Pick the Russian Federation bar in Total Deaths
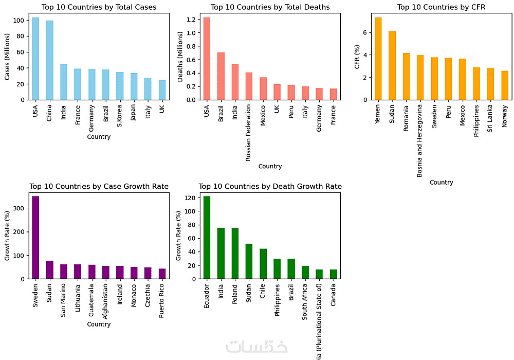pos(249,86)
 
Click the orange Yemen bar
pos(378,59)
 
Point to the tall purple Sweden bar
pos(35,237)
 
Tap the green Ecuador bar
pos(207,237)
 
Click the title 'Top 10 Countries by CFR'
pos(441,7)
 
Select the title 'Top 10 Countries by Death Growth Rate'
pos(270,186)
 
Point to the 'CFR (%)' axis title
pos(357,56)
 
